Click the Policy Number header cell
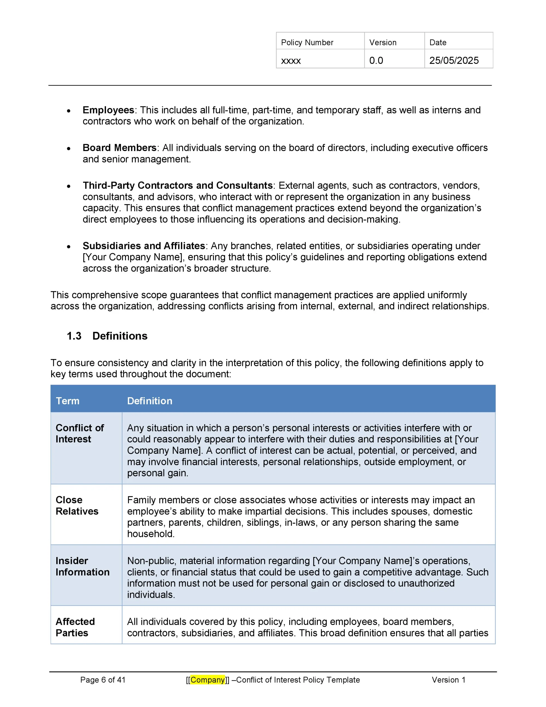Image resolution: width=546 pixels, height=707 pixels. coord(307,43)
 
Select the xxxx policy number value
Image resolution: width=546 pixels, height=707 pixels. coord(291,60)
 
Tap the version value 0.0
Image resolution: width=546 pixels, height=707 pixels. coord(376,60)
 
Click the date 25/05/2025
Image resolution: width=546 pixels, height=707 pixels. coord(454,60)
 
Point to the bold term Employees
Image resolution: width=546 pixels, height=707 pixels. coord(108,110)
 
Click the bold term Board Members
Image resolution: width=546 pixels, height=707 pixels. coord(120,148)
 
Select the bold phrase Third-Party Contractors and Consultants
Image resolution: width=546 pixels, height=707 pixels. coord(177,186)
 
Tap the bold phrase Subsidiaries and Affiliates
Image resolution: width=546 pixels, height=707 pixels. coord(144,246)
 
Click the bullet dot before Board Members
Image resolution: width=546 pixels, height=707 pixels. coord(69,149)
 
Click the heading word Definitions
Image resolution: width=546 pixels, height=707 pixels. coord(120,336)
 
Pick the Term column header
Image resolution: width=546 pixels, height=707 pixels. coord(67,401)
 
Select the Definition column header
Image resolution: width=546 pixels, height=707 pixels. coord(150,401)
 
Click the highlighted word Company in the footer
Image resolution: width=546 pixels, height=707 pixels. coord(208,680)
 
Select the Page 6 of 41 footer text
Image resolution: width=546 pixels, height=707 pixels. coord(103,680)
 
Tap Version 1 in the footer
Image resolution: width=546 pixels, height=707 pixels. coord(448,680)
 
